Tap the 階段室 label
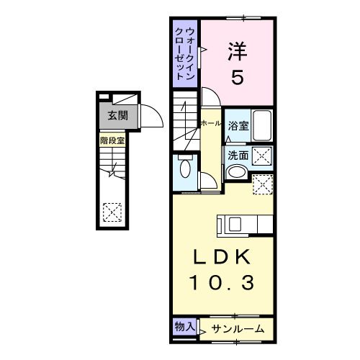pos(112,141)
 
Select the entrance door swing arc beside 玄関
pos(149,114)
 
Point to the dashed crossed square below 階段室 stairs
pos(112,212)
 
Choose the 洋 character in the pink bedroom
pos(238,50)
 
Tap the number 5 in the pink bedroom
pos(238,76)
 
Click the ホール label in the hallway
pos(212,124)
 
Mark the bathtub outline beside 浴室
pos(263,126)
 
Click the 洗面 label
pos(238,154)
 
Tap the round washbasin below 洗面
pos(235,173)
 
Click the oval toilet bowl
pos(186,170)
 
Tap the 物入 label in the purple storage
pos(184,327)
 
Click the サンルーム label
pos(237,329)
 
